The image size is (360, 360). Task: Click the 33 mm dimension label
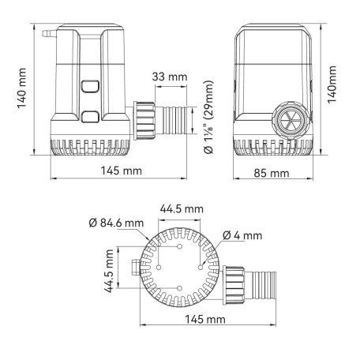tap(170, 77)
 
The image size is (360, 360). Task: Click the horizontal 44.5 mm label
tap(181, 208)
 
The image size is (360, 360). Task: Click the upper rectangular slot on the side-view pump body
tap(88, 86)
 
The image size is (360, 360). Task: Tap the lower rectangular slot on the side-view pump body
tap(88, 118)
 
